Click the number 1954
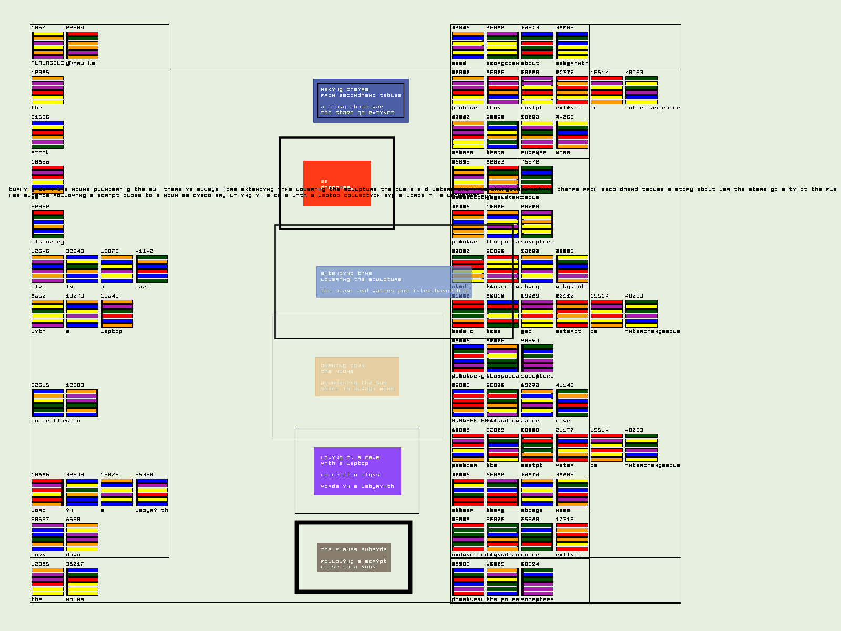(x=38, y=28)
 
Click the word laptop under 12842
(x=111, y=331)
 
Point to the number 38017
(x=75, y=564)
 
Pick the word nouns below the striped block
(x=75, y=599)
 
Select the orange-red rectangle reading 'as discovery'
(x=337, y=184)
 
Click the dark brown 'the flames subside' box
(x=353, y=557)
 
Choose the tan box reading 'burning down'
(x=357, y=377)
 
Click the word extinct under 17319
(x=568, y=555)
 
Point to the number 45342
(x=530, y=162)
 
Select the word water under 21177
(x=565, y=465)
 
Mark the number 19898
(x=40, y=162)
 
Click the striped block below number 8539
(x=82, y=537)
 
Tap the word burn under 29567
(x=38, y=555)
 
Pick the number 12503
(x=75, y=385)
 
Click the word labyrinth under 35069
(x=151, y=510)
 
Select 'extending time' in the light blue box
(x=346, y=273)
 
